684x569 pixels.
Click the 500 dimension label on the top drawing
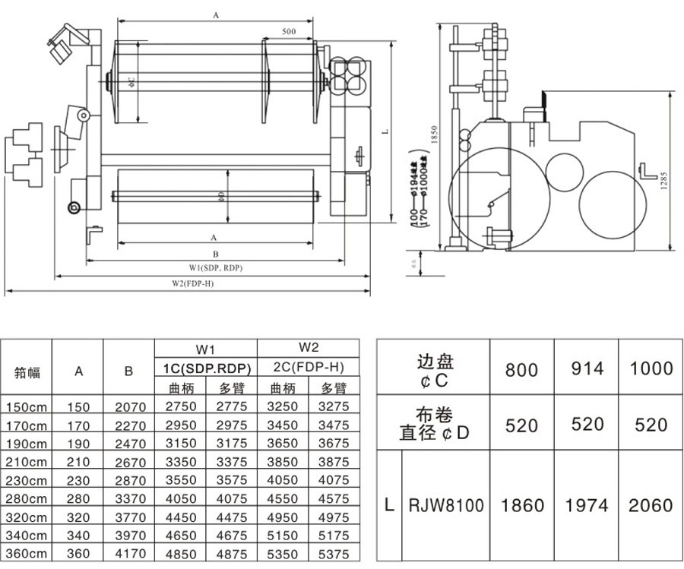pyautogui.click(x=288, y=32)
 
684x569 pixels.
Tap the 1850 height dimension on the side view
pyautogui.click(x=435, y=136)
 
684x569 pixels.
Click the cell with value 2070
pyautogui.click(x=128, y=406)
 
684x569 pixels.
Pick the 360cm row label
pyautogui.click(x=26, y=555)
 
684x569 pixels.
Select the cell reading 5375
pyautogui.click(x=334, y=555)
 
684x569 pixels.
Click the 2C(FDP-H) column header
pyautogui.click(x=309, y=368)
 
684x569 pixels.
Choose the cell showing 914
pyautogui.click(x=587, y=368)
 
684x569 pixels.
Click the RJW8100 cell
pyautogui.click(x=446, y=505)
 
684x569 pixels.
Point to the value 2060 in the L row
pyautogui.click(x=651, y=505)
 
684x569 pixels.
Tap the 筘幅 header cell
pyautogui.click(x=26, y=372)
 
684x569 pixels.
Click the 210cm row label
pyautogui.click(x=26, y=462)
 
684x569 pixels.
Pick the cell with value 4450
pyautogui.click(x=181, y=517)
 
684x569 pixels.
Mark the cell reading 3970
pyautogui.click(x=128, y=536)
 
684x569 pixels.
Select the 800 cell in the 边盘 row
pyautogui.click(x=521, y=369)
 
